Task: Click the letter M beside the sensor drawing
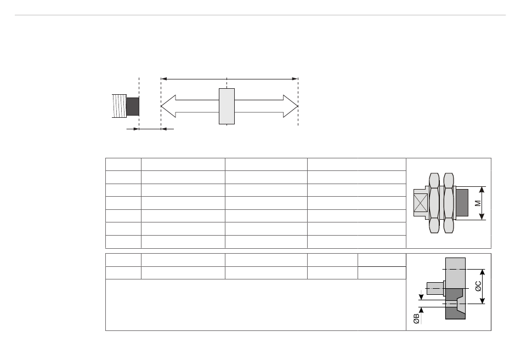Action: [x=478, y=203]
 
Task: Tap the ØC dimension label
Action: [x=478, y=286]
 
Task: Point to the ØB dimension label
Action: [x=416, y=319]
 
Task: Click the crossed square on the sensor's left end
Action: [x=420, y=203]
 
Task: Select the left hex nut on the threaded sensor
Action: [x=434, y=203]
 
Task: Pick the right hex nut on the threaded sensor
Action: [x=449, y=203]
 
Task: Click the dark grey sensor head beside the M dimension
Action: [x=462, y=203]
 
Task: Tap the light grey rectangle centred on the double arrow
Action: [x=226, y=106]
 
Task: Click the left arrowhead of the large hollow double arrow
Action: [x=168, y=106]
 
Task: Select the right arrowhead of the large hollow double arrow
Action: [x=291, y=106]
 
